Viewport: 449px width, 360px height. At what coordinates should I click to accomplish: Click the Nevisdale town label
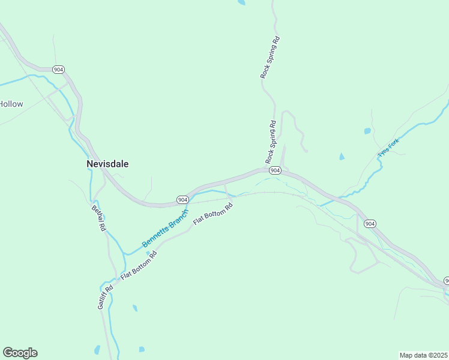[107, 163]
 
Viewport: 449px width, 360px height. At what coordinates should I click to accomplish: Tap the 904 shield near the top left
[58, 70]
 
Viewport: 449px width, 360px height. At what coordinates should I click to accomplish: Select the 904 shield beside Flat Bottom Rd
[183, 199]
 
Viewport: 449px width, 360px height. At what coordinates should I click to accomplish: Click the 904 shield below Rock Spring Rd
[275, 170]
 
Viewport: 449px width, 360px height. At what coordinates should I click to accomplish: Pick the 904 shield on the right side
[370, 224]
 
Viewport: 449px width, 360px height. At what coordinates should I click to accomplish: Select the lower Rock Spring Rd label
[271, 143]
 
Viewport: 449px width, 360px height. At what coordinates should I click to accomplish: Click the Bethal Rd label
[98, 218]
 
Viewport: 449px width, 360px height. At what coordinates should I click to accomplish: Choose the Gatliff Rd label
[105, 297]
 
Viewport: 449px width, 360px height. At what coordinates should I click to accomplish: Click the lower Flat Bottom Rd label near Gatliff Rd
[139, 266]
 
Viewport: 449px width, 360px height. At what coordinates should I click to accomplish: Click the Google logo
[20, 353]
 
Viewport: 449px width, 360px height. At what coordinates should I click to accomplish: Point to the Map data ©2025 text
[423, 355]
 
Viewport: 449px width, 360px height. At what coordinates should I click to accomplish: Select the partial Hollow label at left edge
[11, 104]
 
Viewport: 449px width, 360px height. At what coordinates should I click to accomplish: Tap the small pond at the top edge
[241, 2]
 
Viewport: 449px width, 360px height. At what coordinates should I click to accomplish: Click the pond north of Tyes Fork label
[367, 131]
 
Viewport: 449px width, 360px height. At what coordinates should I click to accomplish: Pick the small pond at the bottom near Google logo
[97, 349]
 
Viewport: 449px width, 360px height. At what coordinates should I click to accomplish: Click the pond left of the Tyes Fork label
[342, 157]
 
